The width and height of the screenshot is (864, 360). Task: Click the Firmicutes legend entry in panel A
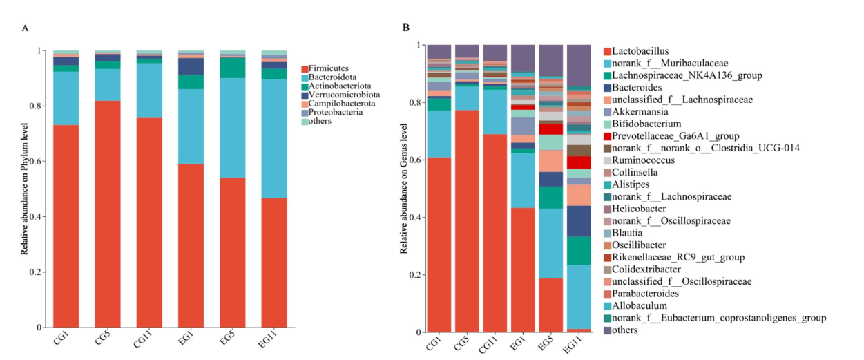329,69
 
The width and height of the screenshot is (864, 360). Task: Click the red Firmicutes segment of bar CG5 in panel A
108,214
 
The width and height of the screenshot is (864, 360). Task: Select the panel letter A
26,28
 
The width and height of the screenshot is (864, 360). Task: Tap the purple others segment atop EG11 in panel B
579,66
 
